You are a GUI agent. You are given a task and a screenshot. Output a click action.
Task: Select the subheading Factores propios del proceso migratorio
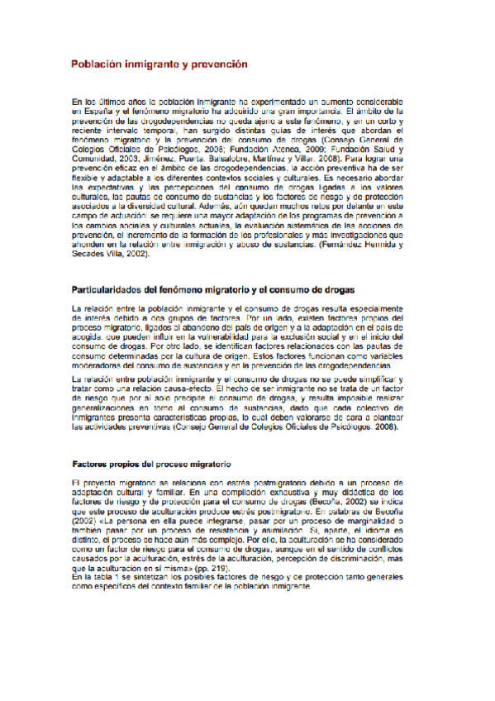coord(151,465)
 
